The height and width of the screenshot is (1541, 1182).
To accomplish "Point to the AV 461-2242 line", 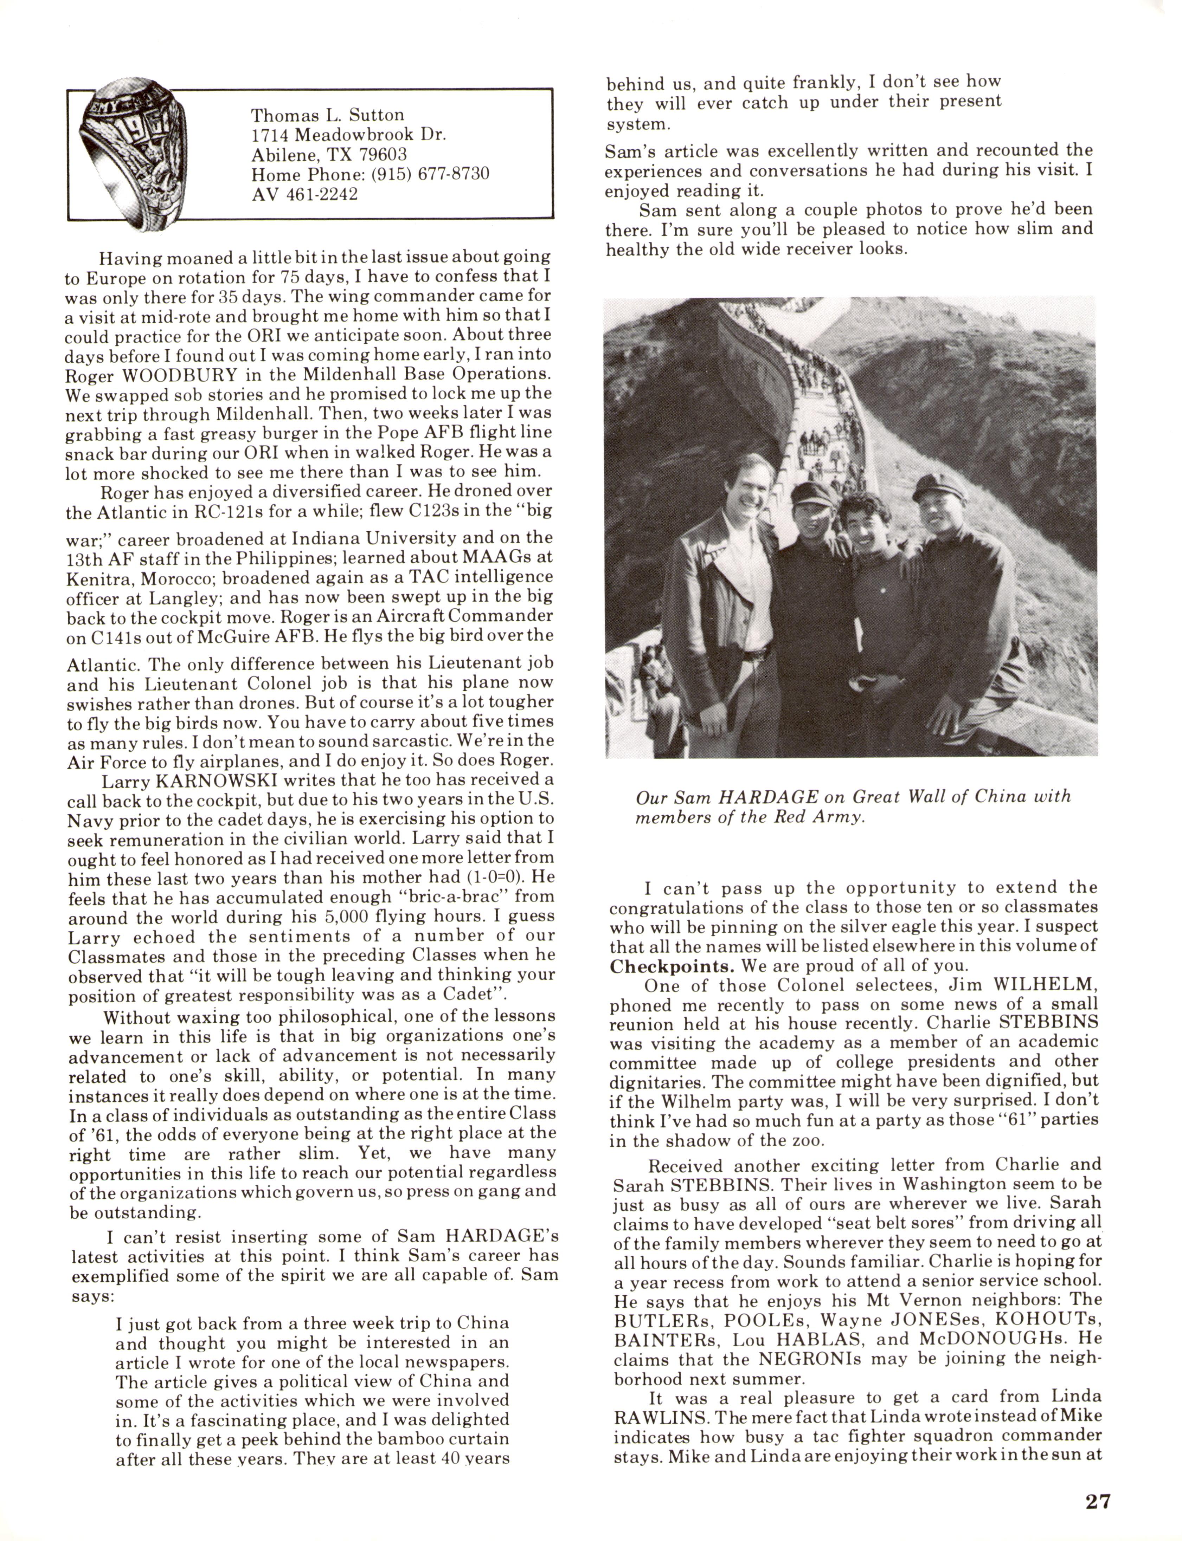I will [305, 194].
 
